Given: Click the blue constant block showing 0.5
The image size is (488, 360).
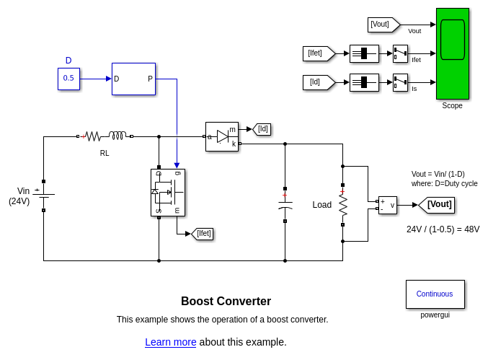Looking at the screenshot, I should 68,79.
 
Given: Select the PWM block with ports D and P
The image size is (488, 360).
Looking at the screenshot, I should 133,79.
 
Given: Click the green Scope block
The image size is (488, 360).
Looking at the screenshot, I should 452,53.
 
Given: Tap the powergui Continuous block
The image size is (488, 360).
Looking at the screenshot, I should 435,294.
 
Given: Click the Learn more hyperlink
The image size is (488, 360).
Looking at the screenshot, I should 170,342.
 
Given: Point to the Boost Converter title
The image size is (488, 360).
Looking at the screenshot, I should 226,302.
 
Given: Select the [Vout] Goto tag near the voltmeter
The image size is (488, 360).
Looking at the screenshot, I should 437,205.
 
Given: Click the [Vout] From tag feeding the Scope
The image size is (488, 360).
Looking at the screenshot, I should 383,25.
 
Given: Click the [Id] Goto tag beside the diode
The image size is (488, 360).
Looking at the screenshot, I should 262,129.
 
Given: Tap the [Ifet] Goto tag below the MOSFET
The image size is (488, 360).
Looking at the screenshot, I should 203,234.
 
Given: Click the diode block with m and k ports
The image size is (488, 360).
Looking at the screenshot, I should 221,136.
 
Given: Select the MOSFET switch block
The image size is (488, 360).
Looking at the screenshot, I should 167,193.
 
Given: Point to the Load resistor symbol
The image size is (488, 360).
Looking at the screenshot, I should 343,205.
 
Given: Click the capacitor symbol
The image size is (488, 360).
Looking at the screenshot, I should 285,206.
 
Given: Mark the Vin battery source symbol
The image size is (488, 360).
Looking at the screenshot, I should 43,195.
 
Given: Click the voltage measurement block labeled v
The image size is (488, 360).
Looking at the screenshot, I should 387,205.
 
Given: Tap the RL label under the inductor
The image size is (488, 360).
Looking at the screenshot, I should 105,153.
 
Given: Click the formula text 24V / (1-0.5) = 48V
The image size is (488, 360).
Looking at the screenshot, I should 443,229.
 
